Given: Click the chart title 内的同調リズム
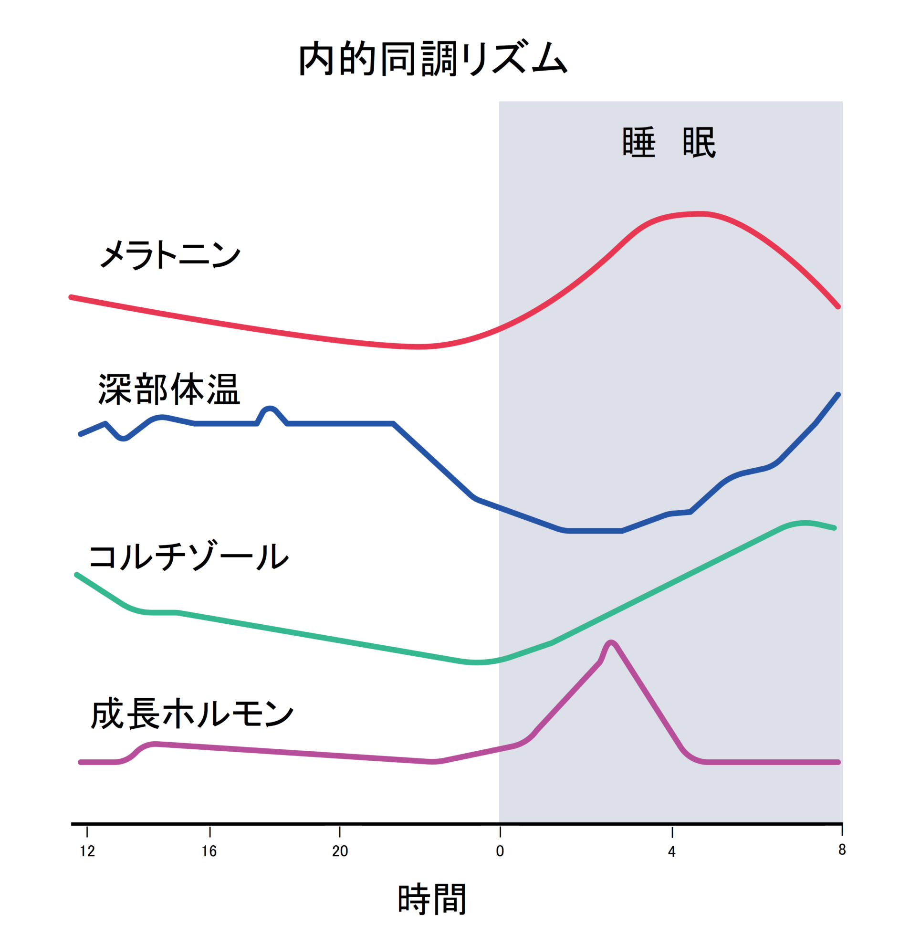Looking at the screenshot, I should pyautogui.click(x=432, y=59).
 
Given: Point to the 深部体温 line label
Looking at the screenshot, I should pyautogui.click(x=169, y=389).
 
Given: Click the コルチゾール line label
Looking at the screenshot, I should pyautogui.click(x=188, y=556).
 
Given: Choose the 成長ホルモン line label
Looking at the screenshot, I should pyautogui.click(x=192, y=714).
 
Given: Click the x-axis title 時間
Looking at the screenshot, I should pyautogui.click(x=432, y=899).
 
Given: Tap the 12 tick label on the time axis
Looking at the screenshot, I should pyautogui.click(x=87, y=851).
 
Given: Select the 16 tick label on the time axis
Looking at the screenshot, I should pyautogui.click(x=209, y=851).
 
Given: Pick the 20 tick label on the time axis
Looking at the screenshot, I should pyautogui.click(x=340, y=851).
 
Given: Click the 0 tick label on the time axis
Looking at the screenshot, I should pyautogui.click(x=500, y=851).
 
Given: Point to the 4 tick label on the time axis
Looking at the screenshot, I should pyautogui.click(x=672, y=852).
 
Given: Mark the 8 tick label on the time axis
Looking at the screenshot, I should pyautogui.click(x=842, y=850).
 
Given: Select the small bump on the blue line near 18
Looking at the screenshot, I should pyautogui.click(x=270, y=409).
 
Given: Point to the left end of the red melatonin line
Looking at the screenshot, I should pyautogui.click(x=71, y=297).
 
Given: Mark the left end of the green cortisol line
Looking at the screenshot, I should pyautogui.click(x=77, y=575).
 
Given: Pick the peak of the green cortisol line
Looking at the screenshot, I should pyautogui.click(x=804, y=523).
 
